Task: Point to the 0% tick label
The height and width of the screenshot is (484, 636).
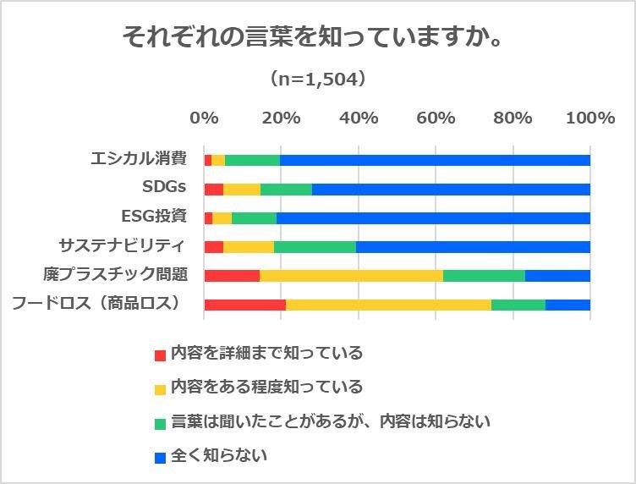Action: point(204,118)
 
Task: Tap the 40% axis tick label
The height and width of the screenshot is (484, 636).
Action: point(358,118)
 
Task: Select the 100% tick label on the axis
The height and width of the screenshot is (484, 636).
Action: point(589,118)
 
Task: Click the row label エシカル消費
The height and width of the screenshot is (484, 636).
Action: point(139,158)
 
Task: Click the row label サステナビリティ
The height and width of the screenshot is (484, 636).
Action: point(122,245)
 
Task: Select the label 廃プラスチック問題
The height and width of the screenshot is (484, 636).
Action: point(115,274)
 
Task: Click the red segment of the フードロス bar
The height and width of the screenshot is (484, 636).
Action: point(244,305)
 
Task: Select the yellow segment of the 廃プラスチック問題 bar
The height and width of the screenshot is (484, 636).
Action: point(351,275)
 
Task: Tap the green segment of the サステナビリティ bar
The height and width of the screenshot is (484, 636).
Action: point(315,246)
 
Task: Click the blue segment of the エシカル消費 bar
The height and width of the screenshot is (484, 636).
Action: point(435,160)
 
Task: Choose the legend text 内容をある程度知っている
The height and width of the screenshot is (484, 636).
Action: point(266,387)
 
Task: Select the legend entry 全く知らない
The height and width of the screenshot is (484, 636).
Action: point(219,455)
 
